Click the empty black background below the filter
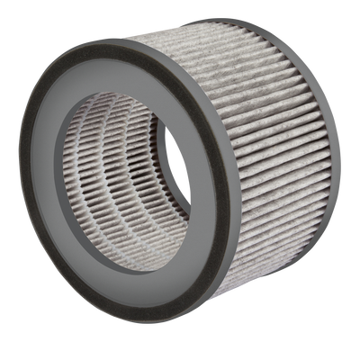pos(180,346)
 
